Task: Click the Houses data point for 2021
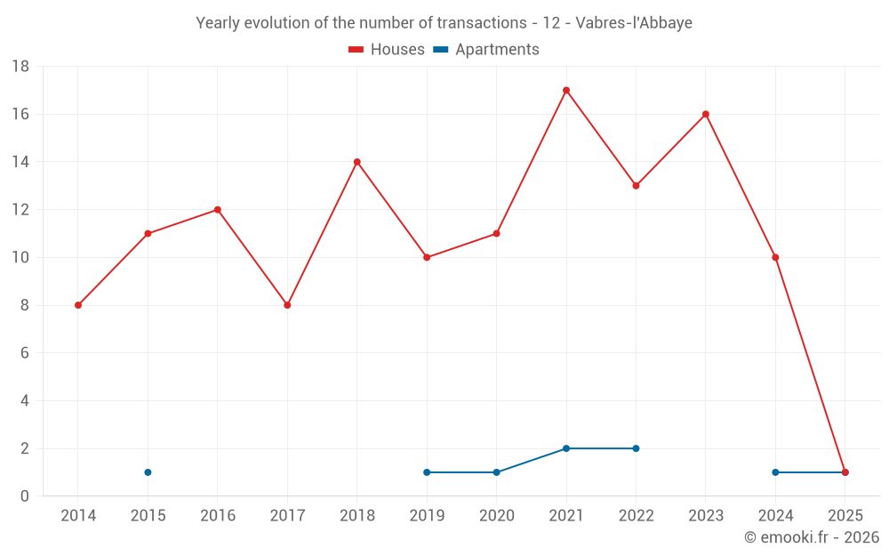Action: (566, 90)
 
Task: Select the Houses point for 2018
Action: (356, 162)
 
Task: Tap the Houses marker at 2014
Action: (78, 305)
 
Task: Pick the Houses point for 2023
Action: (706, 114)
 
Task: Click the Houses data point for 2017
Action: (287, 305)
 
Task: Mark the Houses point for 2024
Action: (775, 257)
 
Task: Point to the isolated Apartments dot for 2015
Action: (148, 472)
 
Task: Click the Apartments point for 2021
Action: (566, 448)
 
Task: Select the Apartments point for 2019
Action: (427, 472)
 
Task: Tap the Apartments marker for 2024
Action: (775, 472)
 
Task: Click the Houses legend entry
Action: (387, 50)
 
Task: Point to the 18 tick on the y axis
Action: (20, 67)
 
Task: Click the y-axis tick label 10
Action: (20, 258)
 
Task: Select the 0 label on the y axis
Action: (25, 496)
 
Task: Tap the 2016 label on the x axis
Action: (218, 516)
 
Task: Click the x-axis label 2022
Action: (636, 516)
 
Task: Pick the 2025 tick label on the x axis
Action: (845, 516)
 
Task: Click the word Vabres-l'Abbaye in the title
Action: (634, 22)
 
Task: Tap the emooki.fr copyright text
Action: (812, 537)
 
